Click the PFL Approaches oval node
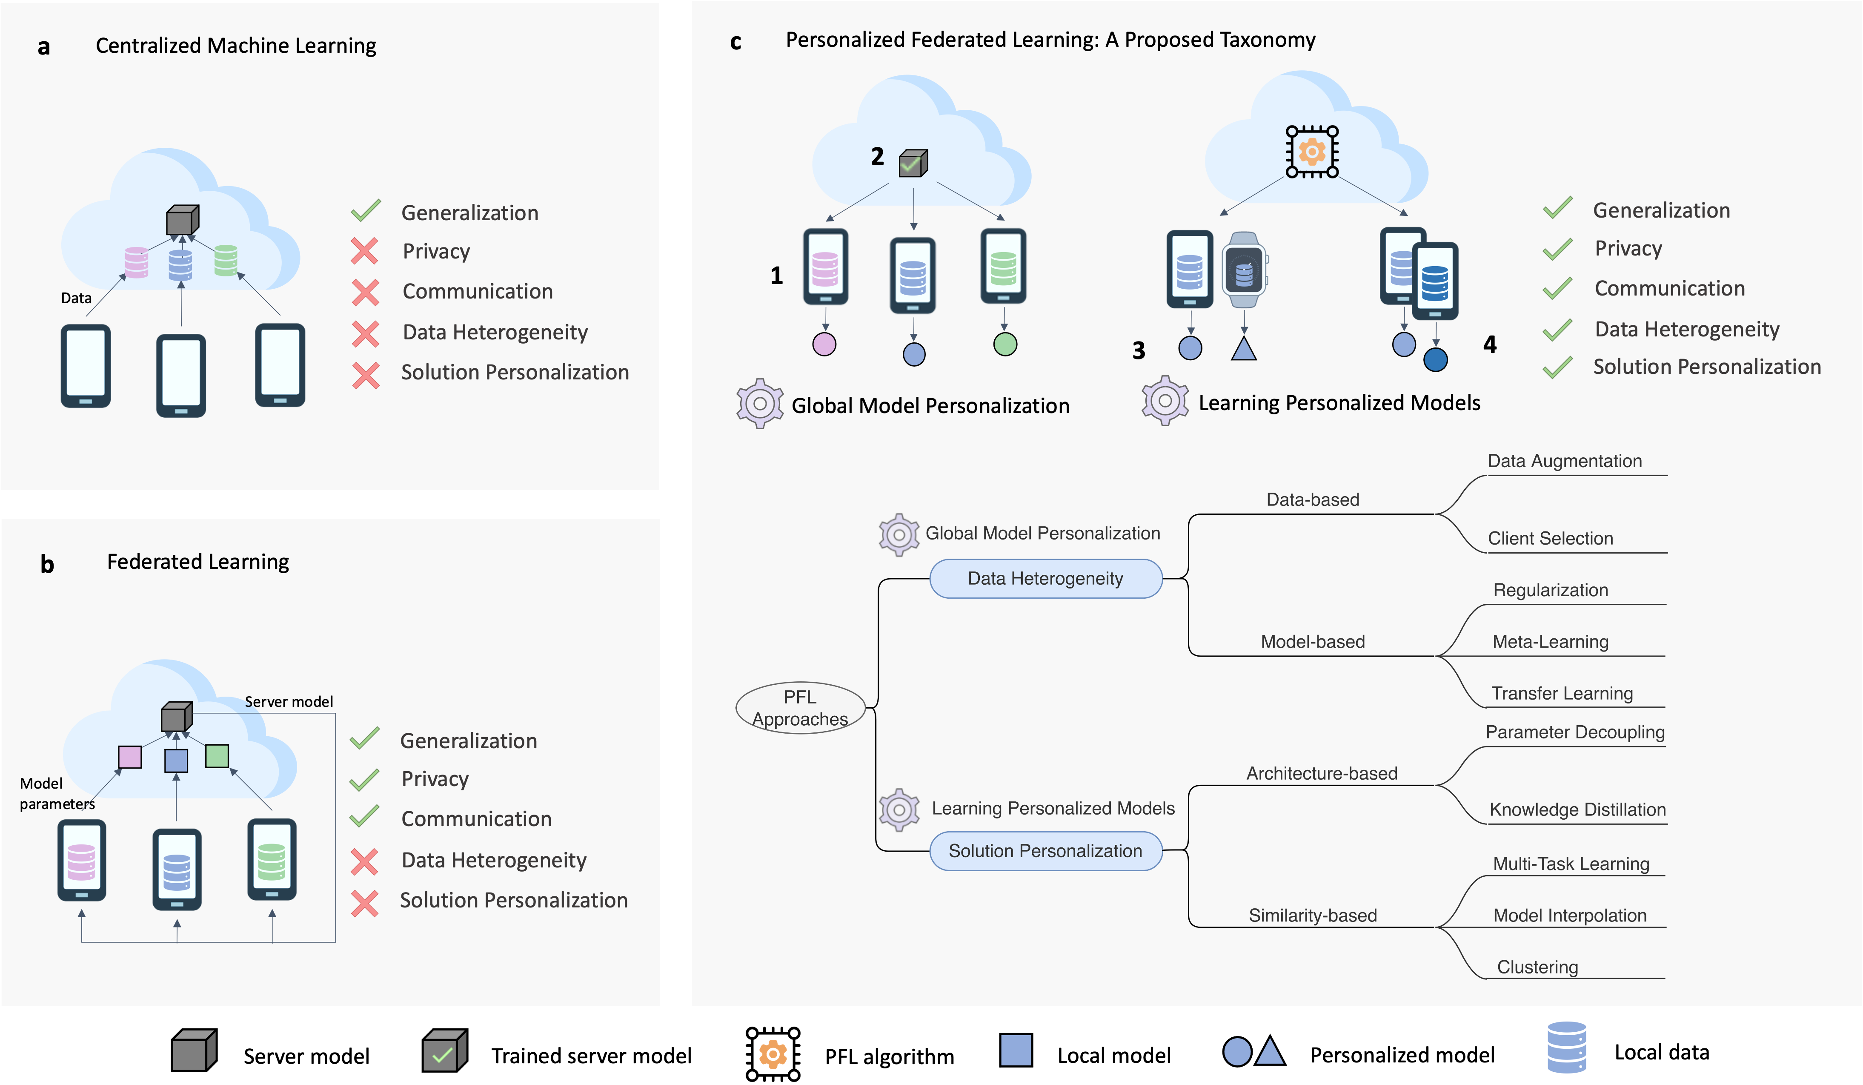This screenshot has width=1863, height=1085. tap(800, 708)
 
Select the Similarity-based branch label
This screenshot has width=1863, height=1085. tap(1312, 915)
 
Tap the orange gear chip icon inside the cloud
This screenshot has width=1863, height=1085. tap(1311, 152)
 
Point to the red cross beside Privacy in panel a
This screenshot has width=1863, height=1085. tap(364, 252)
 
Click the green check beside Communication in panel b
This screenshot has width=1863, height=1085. tap(364, 817)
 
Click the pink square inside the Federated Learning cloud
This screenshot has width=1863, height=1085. tap(130, 757)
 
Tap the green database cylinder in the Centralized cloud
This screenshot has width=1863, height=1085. tap(226, 260)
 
